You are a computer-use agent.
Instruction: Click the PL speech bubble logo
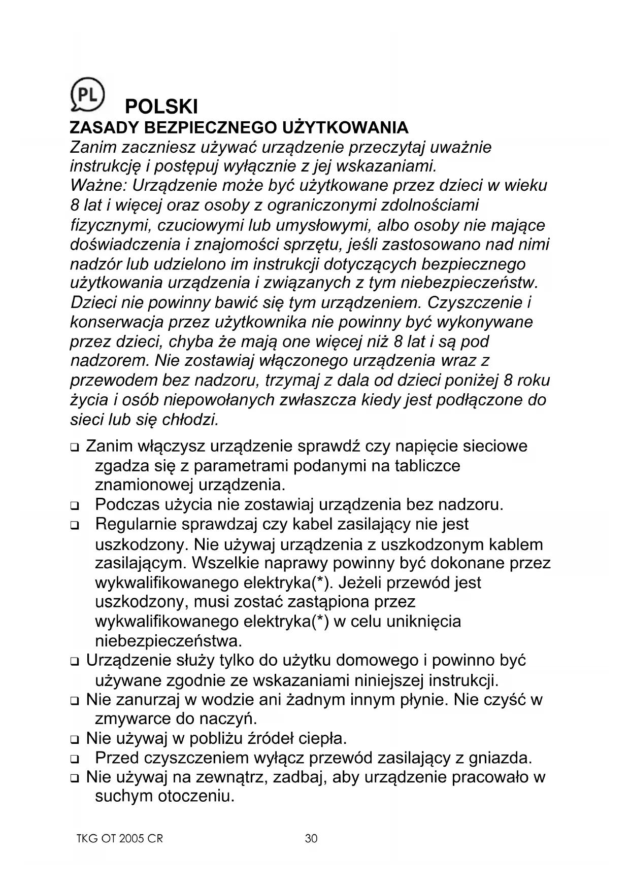pos(87,94)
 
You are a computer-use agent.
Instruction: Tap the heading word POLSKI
pos(161,107)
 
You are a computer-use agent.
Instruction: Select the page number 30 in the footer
pos(311,838)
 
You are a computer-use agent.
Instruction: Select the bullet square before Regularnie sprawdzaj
pos(75,526)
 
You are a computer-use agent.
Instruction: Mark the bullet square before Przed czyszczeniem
pos(75,760)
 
